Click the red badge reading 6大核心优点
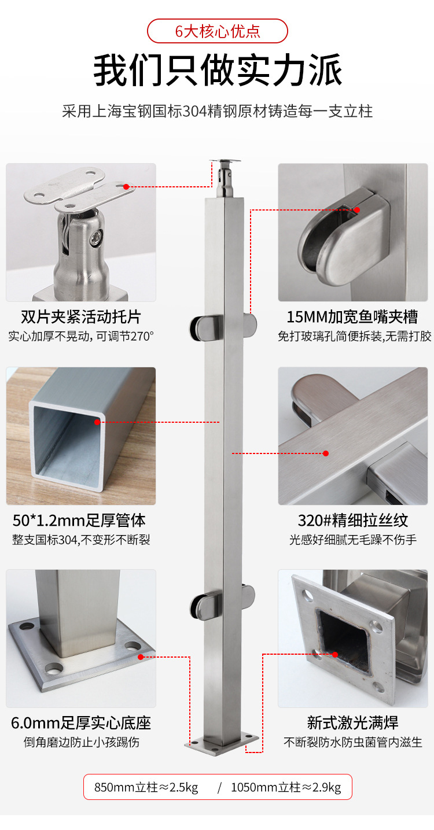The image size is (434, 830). coord(218,31)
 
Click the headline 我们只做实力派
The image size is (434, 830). coord(218,70)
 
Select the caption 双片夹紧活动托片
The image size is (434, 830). coord(81,317)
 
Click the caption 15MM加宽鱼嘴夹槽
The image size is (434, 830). coord(352,317)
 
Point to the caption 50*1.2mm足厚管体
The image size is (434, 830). coord(79,520)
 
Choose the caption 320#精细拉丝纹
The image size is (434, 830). coord(353,520)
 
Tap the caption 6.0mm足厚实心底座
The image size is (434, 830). coord(81,723)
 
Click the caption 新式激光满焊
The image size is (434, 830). coord(352,723)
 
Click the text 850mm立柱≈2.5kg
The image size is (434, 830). coord(146,787)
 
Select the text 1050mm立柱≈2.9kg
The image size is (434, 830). coord(286,787)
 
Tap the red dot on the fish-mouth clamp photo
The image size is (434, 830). coord(357,210)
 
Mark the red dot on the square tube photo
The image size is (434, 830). coord(97,422)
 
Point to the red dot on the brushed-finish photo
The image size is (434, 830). coord(326,453)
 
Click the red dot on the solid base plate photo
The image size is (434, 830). coord(141,657)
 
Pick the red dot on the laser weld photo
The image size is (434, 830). coord(335,654)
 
